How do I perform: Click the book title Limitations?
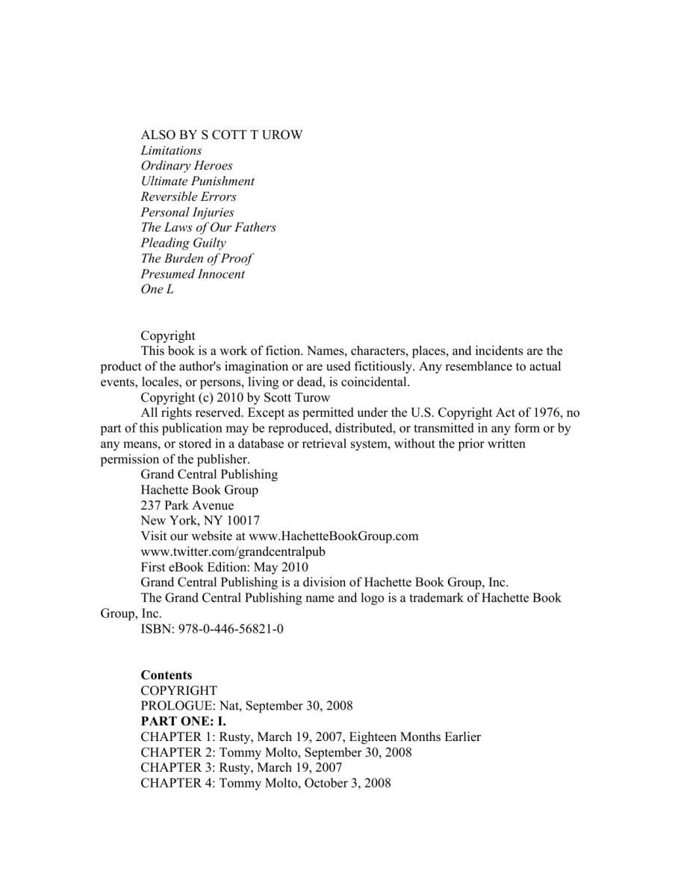[171, 150]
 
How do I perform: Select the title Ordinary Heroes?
[187, 166]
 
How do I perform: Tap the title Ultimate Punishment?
[197, 182]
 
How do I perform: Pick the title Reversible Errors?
[188, 196]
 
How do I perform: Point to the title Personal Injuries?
[187, 212]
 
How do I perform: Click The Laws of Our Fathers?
[208, 228]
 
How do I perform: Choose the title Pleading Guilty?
[183, 243]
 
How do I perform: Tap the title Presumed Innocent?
[193, 274]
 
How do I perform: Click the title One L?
[157, 290]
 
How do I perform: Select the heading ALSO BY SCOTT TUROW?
[222, 135]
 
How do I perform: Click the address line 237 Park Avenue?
[187, 505]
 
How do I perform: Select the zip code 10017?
[240, 521]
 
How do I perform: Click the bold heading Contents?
[167, 675]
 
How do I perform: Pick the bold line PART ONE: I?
[183, 722]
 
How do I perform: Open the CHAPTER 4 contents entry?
[265, 784]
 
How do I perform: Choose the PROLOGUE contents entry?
[246, 706]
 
